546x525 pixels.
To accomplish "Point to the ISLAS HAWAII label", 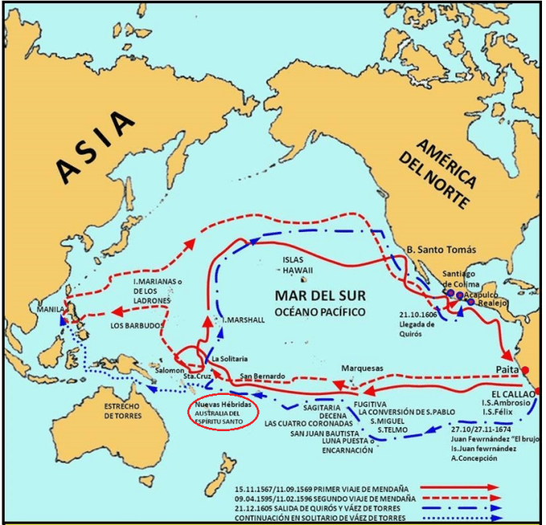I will tap(304, 266).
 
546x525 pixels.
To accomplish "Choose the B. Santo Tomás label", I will tap(443, 250).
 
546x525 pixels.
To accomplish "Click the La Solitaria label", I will tap(230, 358).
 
